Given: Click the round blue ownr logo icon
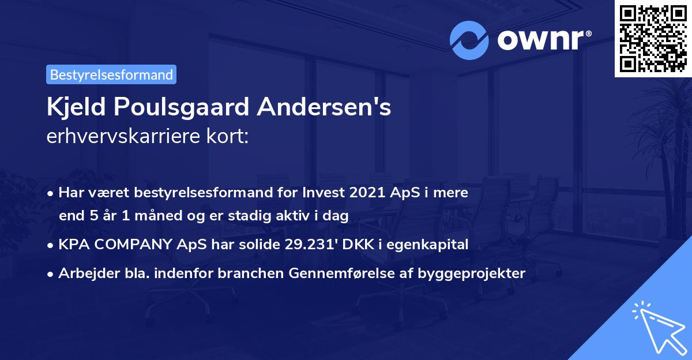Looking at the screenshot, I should [x=470, y=40].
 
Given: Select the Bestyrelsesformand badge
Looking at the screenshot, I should [x=111, y=74].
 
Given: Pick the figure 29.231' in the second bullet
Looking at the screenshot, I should [x=312, y=245].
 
